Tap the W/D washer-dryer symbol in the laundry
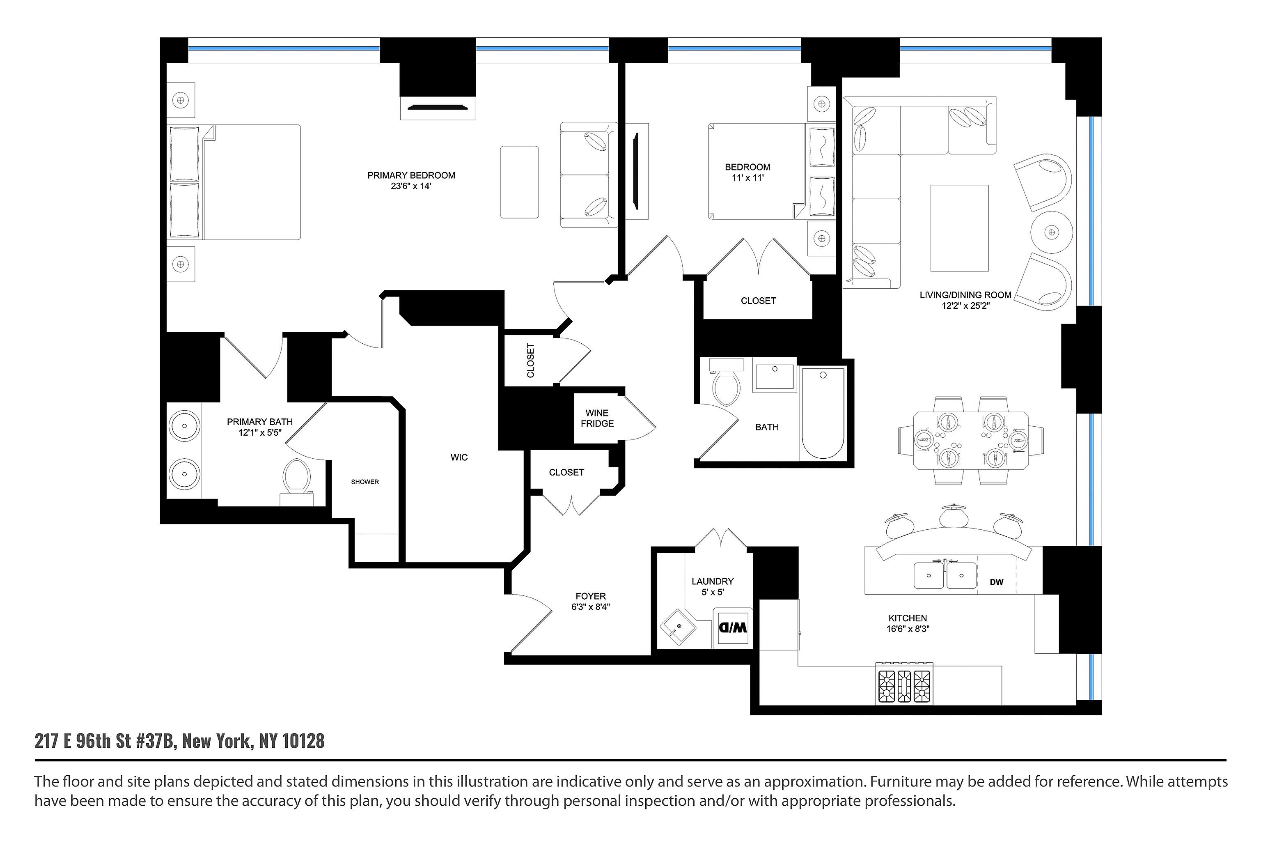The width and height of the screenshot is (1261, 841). click(732, 627)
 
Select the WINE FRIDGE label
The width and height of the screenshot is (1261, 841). click(597, 418)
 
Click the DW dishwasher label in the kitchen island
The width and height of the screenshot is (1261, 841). click(996, 582)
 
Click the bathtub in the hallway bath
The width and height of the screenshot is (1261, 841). click(823, 414)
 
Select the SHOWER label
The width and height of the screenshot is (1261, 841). click(365, 482)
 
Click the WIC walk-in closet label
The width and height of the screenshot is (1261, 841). click(459, 457)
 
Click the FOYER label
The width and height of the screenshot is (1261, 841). click(590, 596)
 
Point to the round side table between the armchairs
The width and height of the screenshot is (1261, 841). click(1051, 232)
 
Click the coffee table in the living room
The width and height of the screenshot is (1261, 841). click(959, 228)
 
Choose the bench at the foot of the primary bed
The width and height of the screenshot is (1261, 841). click(519, 182)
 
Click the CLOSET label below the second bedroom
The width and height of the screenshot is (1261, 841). click(758, 301)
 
